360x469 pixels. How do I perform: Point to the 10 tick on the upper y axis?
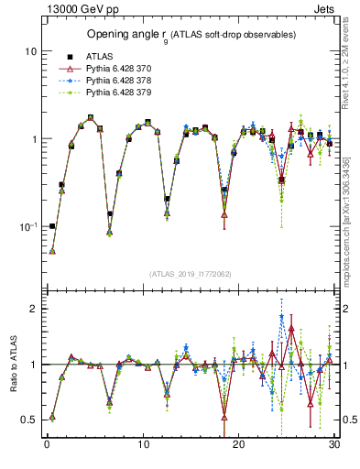[30, 51]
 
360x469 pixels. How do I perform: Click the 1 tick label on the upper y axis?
[33, 139]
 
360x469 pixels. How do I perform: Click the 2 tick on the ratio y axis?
[33, 309]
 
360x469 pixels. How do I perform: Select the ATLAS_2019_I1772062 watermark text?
[191, 274]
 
